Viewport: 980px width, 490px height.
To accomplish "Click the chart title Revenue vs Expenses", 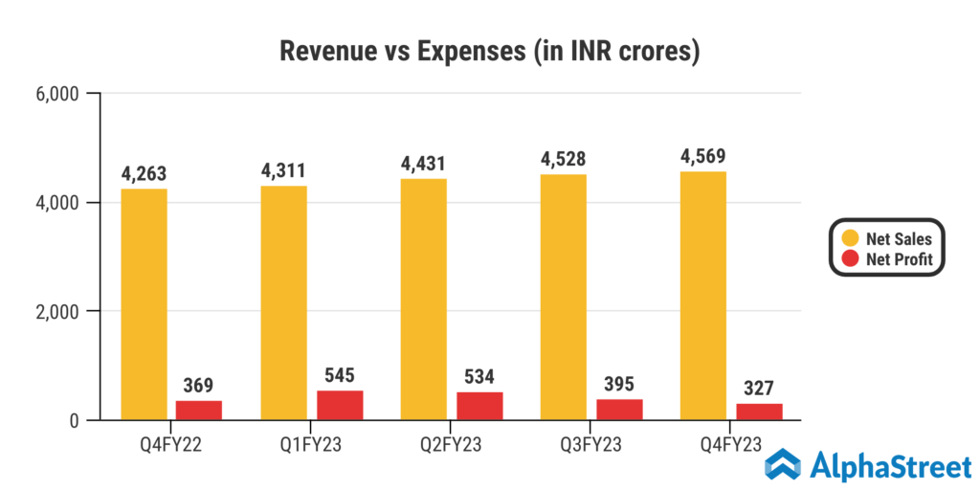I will click(490, 51).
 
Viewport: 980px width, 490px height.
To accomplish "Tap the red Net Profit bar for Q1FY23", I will click(340, 405).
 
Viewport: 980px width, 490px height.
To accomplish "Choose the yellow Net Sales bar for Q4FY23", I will click(703, 296).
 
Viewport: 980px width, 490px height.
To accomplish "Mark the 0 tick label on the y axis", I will click(72, 421).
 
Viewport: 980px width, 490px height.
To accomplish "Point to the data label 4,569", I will click(703, 155).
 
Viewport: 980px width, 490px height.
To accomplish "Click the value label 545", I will click(340, 375).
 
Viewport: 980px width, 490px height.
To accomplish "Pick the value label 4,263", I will click(145, 172).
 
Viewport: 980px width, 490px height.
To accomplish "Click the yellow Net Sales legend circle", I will click(848, 238).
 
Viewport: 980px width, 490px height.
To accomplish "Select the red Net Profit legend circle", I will click(848, 258).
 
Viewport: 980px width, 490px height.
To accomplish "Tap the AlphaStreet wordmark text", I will click(890, 466).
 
